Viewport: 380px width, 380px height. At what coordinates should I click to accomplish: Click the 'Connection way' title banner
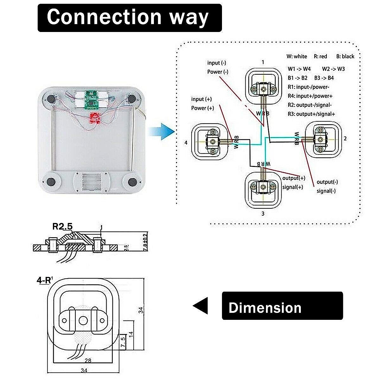(130, 18)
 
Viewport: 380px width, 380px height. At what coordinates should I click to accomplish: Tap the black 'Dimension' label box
(282, 306)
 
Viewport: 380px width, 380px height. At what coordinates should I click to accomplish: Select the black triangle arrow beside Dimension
(201, 306)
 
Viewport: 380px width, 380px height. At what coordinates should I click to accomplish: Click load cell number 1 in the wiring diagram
(263, 85)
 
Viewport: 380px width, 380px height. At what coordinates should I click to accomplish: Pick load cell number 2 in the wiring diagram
(323, 139)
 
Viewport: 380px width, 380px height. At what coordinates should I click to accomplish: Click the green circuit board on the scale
(91, 98)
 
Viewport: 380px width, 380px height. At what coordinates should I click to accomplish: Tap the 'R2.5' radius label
(62, 226)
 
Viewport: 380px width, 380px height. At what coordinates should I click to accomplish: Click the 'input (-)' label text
(217, 63)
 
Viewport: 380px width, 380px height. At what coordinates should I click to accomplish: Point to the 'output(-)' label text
(327, 182)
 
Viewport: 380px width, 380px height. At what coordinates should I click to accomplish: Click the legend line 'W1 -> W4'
(299, 69)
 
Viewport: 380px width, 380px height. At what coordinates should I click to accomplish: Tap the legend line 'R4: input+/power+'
(310, 96)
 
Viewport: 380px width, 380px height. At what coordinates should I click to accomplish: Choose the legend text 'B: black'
(345, 56)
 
